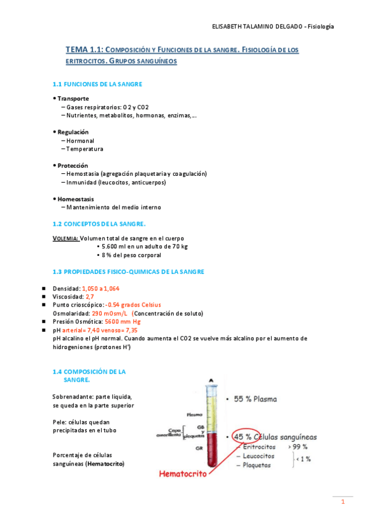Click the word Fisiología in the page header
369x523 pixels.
click(x=321, y=27)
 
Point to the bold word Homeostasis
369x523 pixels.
click(x=76, y=199)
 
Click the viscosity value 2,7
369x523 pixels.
click(x=90, y=297)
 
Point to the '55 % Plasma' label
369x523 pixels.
click(x=259, y=399)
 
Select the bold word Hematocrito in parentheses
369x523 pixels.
click(x=105, y=463)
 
